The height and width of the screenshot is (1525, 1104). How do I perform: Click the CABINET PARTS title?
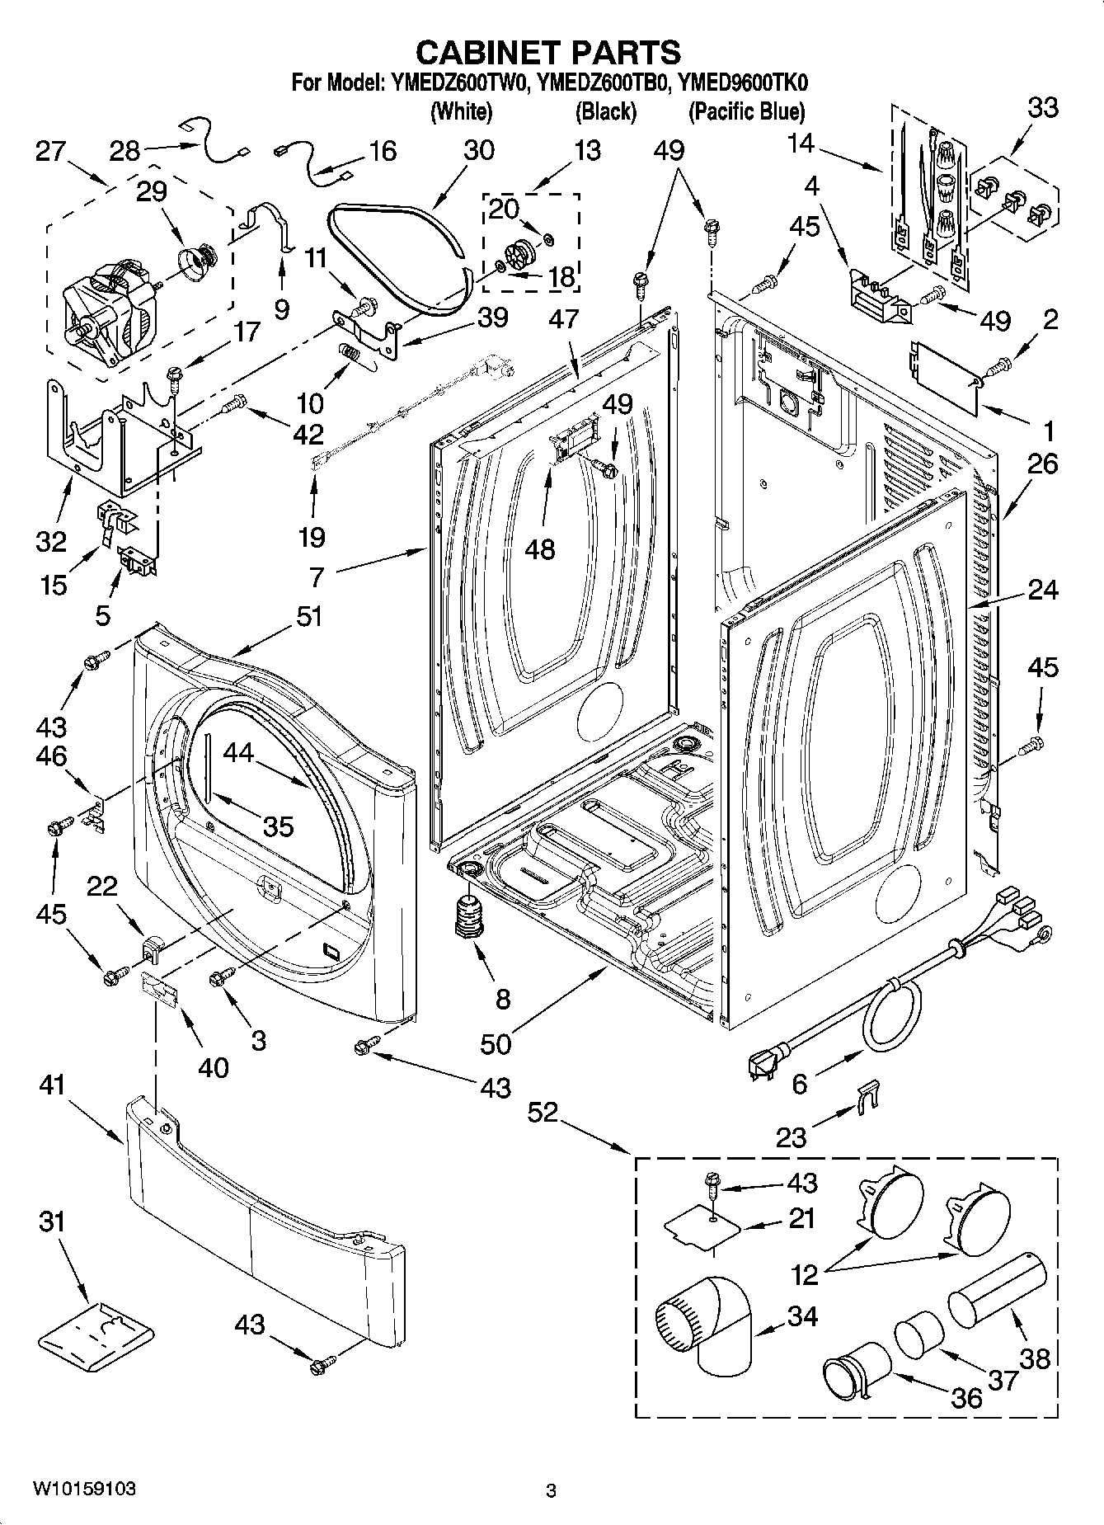click(548, 52)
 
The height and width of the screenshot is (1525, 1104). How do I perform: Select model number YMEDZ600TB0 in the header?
click(601, 83)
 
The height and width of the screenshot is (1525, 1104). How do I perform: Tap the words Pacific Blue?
click(746, 111)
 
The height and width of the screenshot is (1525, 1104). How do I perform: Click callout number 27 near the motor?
click(50, 153)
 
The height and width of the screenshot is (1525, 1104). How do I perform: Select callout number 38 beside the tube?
click(1035, 1357)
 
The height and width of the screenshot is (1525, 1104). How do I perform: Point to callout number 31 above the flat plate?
click(51, 1221)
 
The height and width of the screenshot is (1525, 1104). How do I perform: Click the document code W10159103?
click(84, 1489)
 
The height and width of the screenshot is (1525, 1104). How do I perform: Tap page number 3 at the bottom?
click(551, 1490)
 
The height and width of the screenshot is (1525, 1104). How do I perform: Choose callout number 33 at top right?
click(1042, 108)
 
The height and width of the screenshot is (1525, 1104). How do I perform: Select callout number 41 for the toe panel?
click(50, 1086)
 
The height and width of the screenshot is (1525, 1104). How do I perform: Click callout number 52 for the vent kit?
click(543, 1113)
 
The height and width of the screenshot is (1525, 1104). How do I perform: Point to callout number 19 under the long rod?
click(311, 538)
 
